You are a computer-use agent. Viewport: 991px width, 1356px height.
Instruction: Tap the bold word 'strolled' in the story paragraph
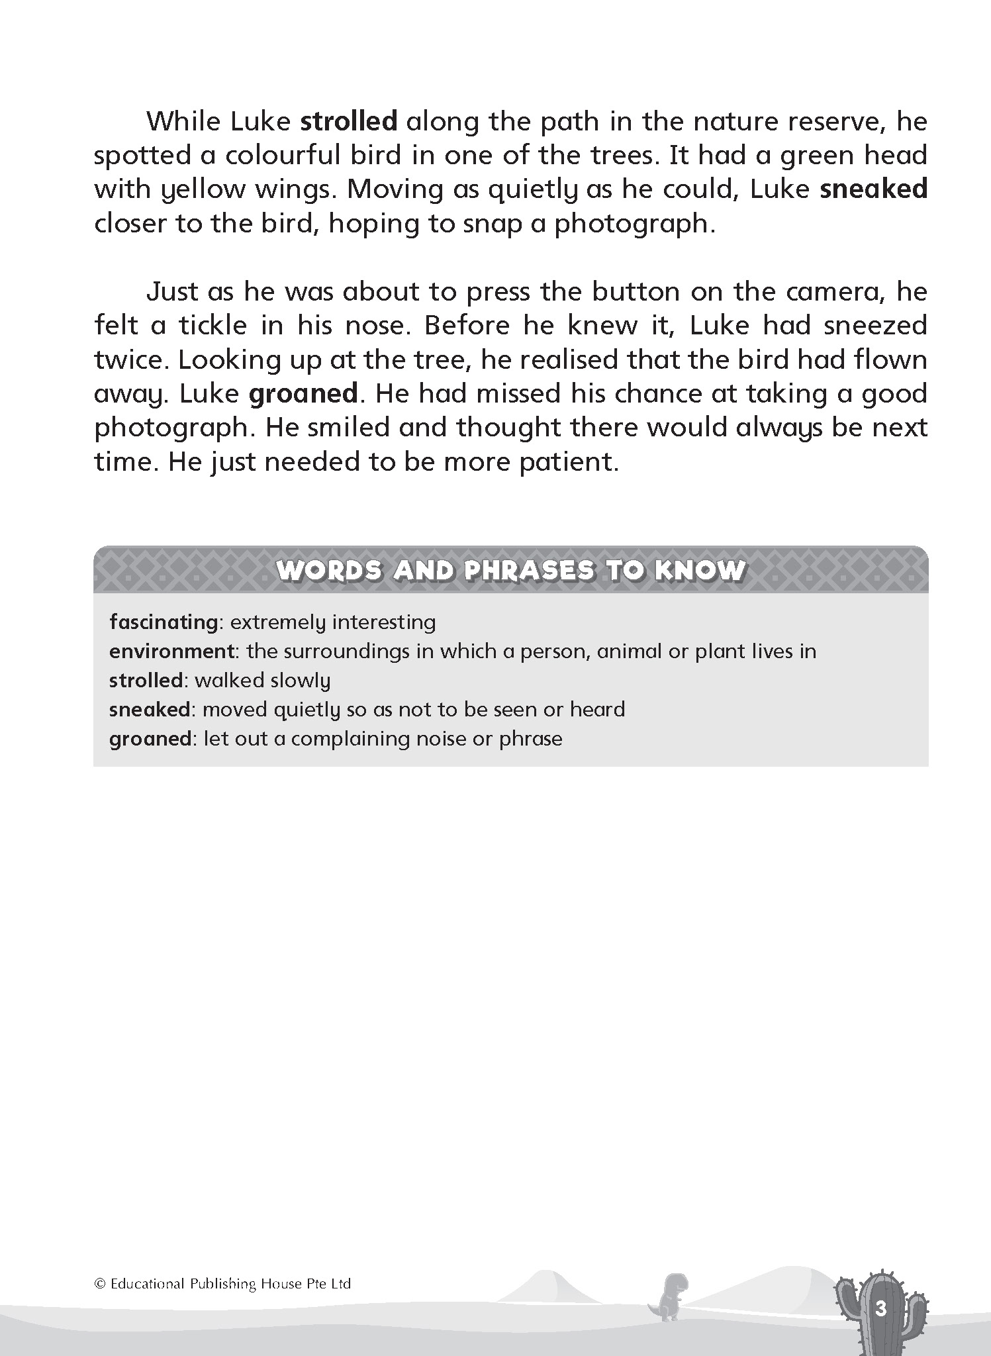tap(349, 122)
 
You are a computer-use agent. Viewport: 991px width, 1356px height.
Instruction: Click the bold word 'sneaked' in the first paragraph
tap(873, 189)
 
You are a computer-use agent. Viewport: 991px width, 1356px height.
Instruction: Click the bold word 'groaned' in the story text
tap(303, 394)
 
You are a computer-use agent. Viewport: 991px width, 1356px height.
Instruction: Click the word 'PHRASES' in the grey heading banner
tap(529, 571)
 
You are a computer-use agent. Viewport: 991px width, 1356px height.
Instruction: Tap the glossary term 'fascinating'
tap(163, 622)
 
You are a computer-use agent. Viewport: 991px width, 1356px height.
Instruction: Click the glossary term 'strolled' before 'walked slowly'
tap(145, 681)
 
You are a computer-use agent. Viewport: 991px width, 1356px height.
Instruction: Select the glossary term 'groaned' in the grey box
tap(150, 739)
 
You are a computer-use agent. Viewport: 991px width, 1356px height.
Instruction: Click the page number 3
tap(880, 1310)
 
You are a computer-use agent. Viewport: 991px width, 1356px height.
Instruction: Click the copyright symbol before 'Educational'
tap(101, 1284)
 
